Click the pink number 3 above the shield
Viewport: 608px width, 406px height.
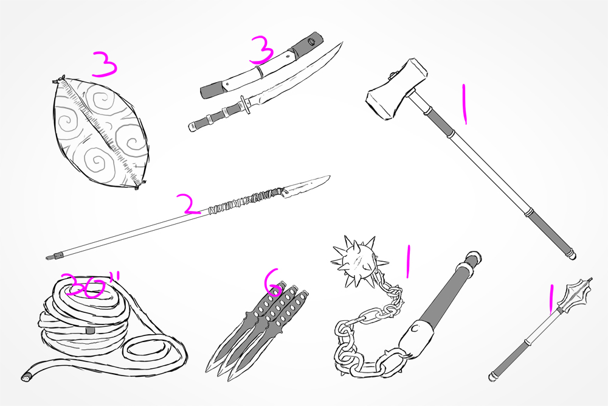tap(105, 65)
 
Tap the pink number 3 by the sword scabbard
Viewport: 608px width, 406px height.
tap(262, 51)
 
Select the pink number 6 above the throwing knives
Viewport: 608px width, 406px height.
tap(274, 282)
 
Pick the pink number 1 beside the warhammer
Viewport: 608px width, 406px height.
tap(463, 104)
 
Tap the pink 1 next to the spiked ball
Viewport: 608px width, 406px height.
tap(407, 261)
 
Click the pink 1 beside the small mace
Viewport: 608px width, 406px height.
tap(550, 298)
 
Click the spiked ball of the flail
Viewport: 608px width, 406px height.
tap(355, 261)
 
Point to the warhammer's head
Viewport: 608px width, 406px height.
tap(396, 89)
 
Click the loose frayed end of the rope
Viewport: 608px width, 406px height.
tap(26, 377)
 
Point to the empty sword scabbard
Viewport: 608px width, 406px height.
tap(261, 66)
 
